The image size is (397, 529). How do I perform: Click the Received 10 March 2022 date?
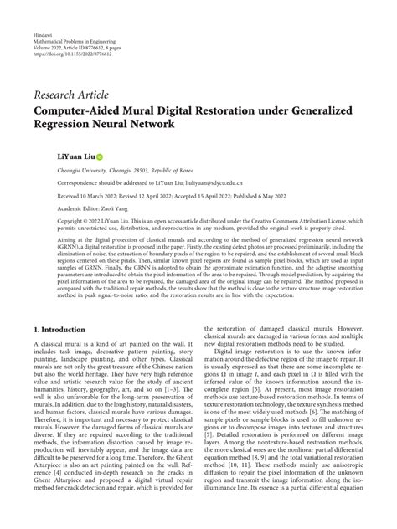[x=90, y=197]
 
